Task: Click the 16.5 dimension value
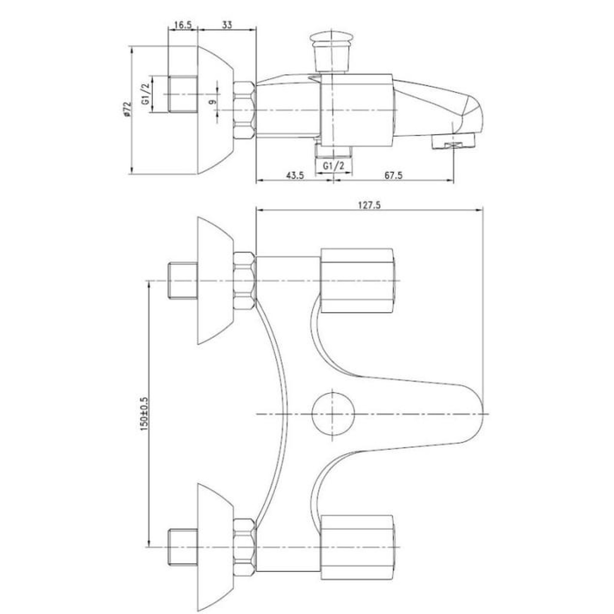coord(183,25)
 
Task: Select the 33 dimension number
coord(227,25)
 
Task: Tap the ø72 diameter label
coord(127,109)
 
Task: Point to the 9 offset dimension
coord(213,102)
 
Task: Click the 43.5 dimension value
coord(295,175)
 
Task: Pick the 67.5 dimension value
coord(393,175)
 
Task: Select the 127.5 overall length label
coord(369,205)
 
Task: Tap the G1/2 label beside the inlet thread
coord(145,94)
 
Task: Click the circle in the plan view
coord(333,414)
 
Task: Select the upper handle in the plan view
coord(357,281)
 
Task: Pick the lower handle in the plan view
coord(357,547)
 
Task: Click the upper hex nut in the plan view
coord(244,281)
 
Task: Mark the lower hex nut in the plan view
coord(244,547)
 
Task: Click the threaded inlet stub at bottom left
coord(183,547)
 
